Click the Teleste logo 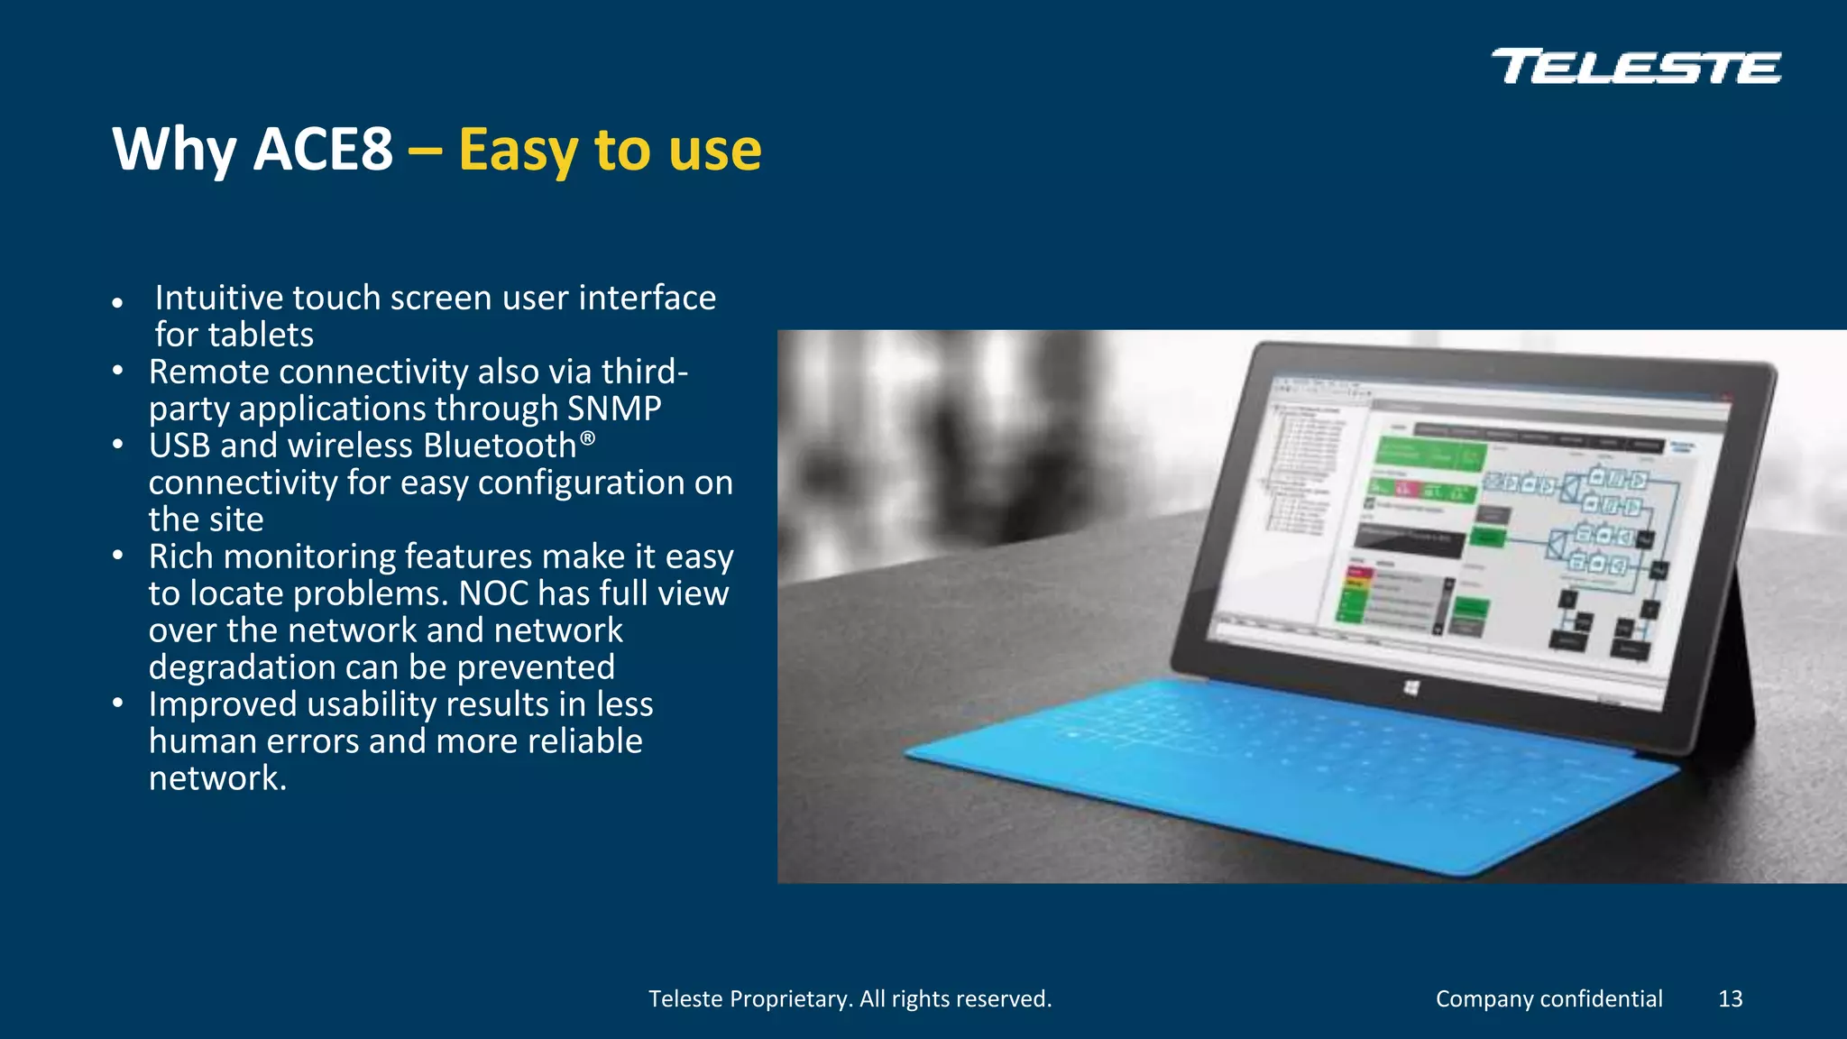tap(1636, 67)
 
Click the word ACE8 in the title tap(323, 149)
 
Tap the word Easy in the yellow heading tap(518, 149)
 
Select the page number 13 tap(1730, 998)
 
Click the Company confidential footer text tap(1548, 998)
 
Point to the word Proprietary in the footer tap(789, 998)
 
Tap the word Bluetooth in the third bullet tap(500, 446)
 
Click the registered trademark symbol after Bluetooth tap(587, 438)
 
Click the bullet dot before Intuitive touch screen tap(117, 303)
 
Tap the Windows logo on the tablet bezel tap(1411, 688)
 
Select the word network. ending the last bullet tap(217, 778)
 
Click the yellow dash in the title tap(425, 151)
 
